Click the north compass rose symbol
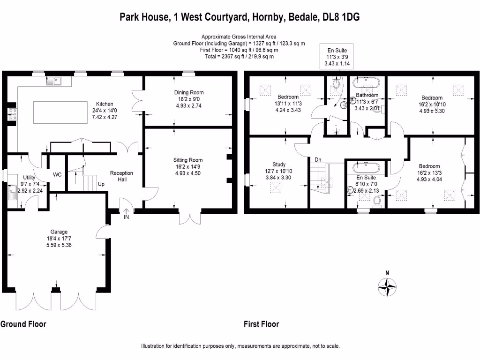[387, 287]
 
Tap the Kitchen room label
[105, 104]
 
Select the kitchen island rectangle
[60, 112]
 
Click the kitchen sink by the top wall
[54, 81]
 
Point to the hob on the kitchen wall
[13, 114]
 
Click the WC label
[57, 175]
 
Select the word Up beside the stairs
[101, 184]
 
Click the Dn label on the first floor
[318, 159]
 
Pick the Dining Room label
[189, 92]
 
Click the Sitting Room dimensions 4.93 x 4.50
[188, 173]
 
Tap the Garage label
[59, 232]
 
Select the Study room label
[279, 165]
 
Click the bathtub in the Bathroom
[366, 83]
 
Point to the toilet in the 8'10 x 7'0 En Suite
[377, 202]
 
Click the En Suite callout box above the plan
[337, 56]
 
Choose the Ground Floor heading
[23, 324]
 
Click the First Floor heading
[262, 324]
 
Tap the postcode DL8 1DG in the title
[341, 17]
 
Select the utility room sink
[12, 192]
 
